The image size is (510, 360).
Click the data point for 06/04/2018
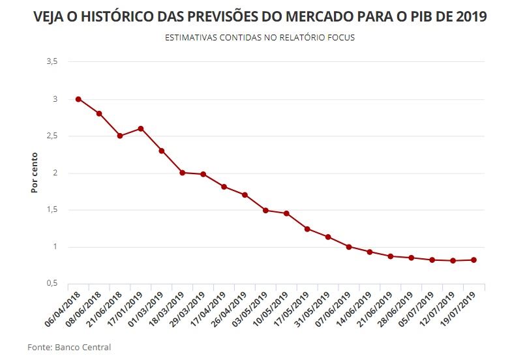(x=78, y=99)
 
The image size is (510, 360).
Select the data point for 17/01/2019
(x=141, y=128)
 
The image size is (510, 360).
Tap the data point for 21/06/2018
(x=120, y=136)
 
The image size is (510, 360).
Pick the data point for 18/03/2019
(x=183, y=173)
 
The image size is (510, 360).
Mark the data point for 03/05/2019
(x=265, y=211)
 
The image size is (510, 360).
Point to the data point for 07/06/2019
(x=349, y=247)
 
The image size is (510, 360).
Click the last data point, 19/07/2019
(x=474, y=260)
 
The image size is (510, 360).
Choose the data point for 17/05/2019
(x=307, y=229)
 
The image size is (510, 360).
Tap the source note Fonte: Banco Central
(x=69, y=347)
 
